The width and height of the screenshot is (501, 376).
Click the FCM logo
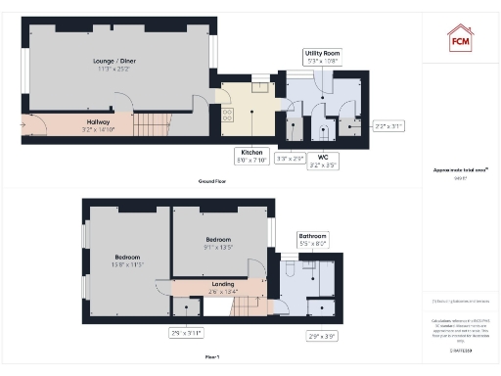[460, 38]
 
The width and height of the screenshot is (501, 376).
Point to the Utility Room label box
[322, 57]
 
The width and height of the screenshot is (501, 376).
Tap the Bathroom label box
[313, 238]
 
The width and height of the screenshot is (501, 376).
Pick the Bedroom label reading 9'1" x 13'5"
[217, 242]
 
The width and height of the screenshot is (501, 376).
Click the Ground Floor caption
[212, 182]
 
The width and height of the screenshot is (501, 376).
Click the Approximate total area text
[460, 169]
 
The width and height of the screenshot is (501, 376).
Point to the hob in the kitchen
[228, 114]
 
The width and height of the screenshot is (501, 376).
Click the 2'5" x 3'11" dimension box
[186, 333]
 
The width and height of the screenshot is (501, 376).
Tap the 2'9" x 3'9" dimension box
[322, 336]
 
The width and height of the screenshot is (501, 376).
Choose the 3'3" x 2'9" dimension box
[291, 157]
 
